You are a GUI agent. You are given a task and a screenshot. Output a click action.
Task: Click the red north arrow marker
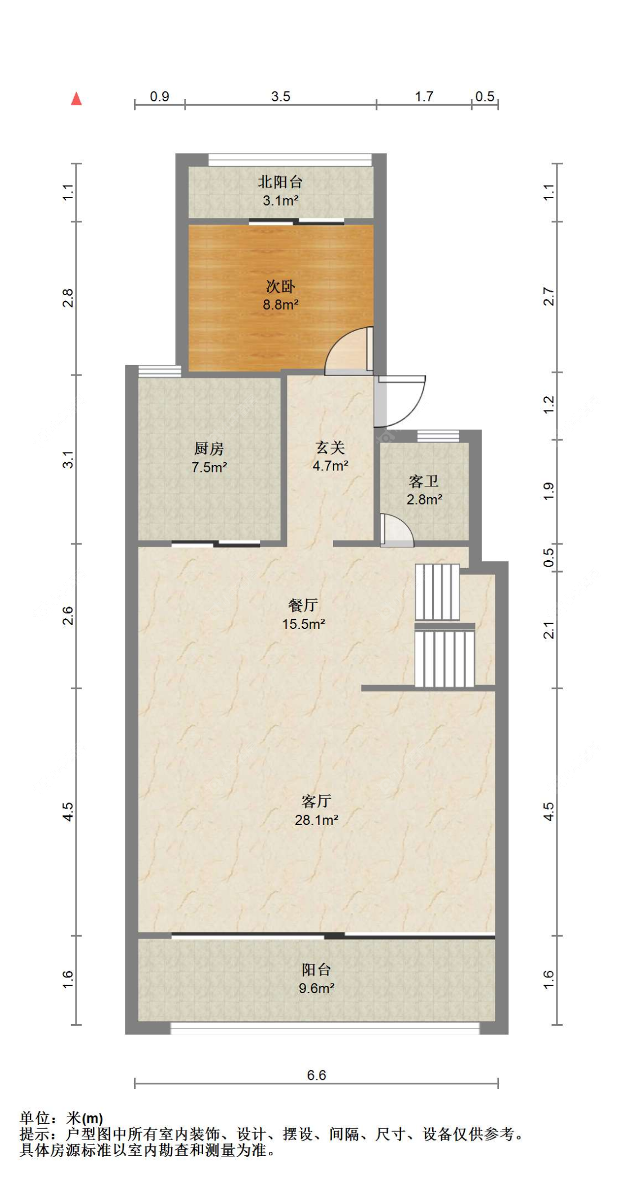(77, 99)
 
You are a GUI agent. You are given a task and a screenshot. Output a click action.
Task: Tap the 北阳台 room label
(280, 182)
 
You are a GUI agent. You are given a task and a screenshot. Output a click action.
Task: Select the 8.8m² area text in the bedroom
(280, 305)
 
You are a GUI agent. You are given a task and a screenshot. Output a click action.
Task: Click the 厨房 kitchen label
(209, 449)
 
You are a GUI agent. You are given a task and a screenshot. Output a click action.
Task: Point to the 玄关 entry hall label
(330, 448)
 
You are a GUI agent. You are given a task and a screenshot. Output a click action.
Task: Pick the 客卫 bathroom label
(424, 481)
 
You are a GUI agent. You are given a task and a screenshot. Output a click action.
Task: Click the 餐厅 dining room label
(303, 605)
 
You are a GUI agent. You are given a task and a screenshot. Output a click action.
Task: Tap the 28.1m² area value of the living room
(316, 820)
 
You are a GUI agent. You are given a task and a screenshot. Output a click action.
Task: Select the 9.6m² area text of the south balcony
(316, 988)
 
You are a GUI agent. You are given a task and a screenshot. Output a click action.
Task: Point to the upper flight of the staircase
(437, 592)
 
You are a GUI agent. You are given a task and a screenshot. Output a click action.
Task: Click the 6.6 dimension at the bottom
(316, 1075)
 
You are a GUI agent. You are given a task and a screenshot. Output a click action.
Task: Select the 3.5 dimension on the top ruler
(280, 96)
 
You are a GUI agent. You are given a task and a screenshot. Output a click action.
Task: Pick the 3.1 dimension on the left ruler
(68, 459)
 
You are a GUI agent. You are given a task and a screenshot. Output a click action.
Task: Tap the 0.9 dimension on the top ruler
(159, 96)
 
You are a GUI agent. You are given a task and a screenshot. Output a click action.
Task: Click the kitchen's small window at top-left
(160, 371)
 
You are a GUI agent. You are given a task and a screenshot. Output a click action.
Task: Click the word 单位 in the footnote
(34, 1118)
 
